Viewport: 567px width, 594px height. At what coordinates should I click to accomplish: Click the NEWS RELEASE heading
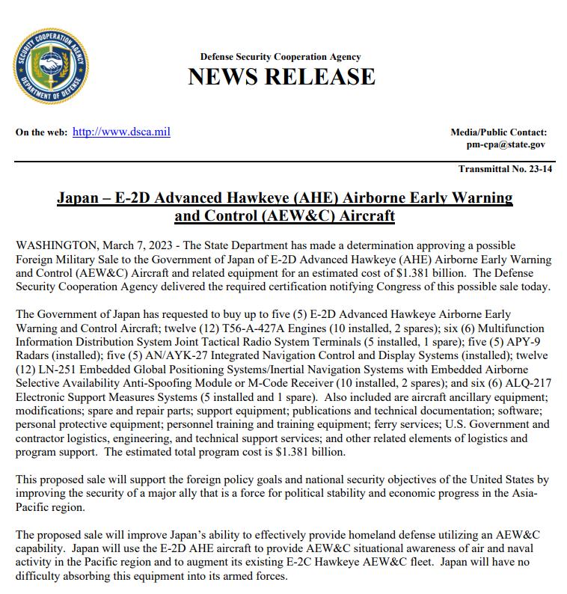point(281,76)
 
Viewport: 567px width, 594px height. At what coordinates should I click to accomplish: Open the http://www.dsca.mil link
point(121,132)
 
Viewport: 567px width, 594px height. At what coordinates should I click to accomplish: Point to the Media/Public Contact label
point(498,132)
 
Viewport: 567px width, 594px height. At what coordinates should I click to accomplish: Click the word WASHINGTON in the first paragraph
point(55,246)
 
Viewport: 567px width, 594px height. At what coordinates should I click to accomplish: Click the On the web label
point(40,132)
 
